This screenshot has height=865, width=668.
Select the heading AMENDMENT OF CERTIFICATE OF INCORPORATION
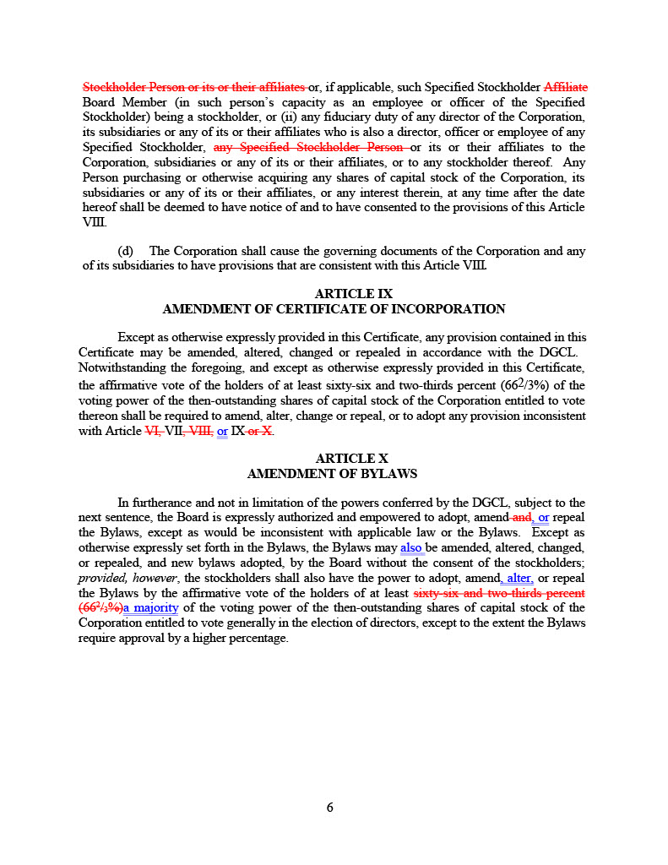coord(334,309)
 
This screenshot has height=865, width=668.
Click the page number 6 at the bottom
coord(330,808)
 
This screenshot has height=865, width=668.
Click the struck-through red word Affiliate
coord(566,87)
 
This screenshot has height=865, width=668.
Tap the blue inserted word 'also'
coord(411,547)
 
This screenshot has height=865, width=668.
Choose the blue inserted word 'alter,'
coord(517,578)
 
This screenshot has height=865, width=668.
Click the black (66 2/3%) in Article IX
coord(528,384)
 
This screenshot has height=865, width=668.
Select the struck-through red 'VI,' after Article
coord(154,431)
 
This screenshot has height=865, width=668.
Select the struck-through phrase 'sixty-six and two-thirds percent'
coord(499,593)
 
